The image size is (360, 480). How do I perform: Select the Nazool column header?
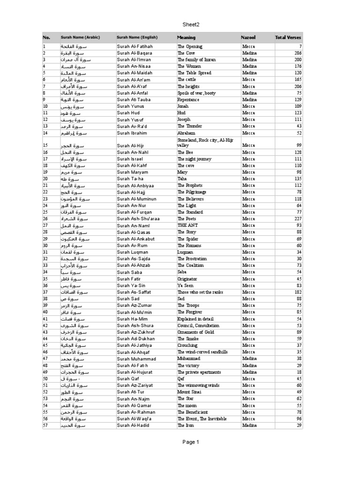click(249, 37)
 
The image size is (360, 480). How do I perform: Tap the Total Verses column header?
click(288, 37)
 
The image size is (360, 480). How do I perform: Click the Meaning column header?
click(186, 37)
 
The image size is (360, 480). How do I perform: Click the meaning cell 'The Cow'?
click(186, 53)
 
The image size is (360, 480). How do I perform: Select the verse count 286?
click(297, 53)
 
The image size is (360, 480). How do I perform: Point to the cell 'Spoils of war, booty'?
click(196, 93)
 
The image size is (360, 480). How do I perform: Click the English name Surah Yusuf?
click(131, 120)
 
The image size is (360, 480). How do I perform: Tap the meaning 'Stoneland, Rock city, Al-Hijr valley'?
click(201, 142)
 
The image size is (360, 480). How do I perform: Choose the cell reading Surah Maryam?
click(133, 172)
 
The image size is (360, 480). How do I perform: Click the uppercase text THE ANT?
click(187, 225)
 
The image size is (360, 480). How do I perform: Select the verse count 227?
click(297, 219)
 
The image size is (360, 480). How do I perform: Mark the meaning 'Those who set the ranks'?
click(200, 292)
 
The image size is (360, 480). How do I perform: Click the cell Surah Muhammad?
click(136, 359)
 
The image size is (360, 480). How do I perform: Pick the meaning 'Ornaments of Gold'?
click(196, 332)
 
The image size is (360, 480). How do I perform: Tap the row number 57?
click(45, 425)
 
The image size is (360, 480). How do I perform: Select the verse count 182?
click(297, 292)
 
